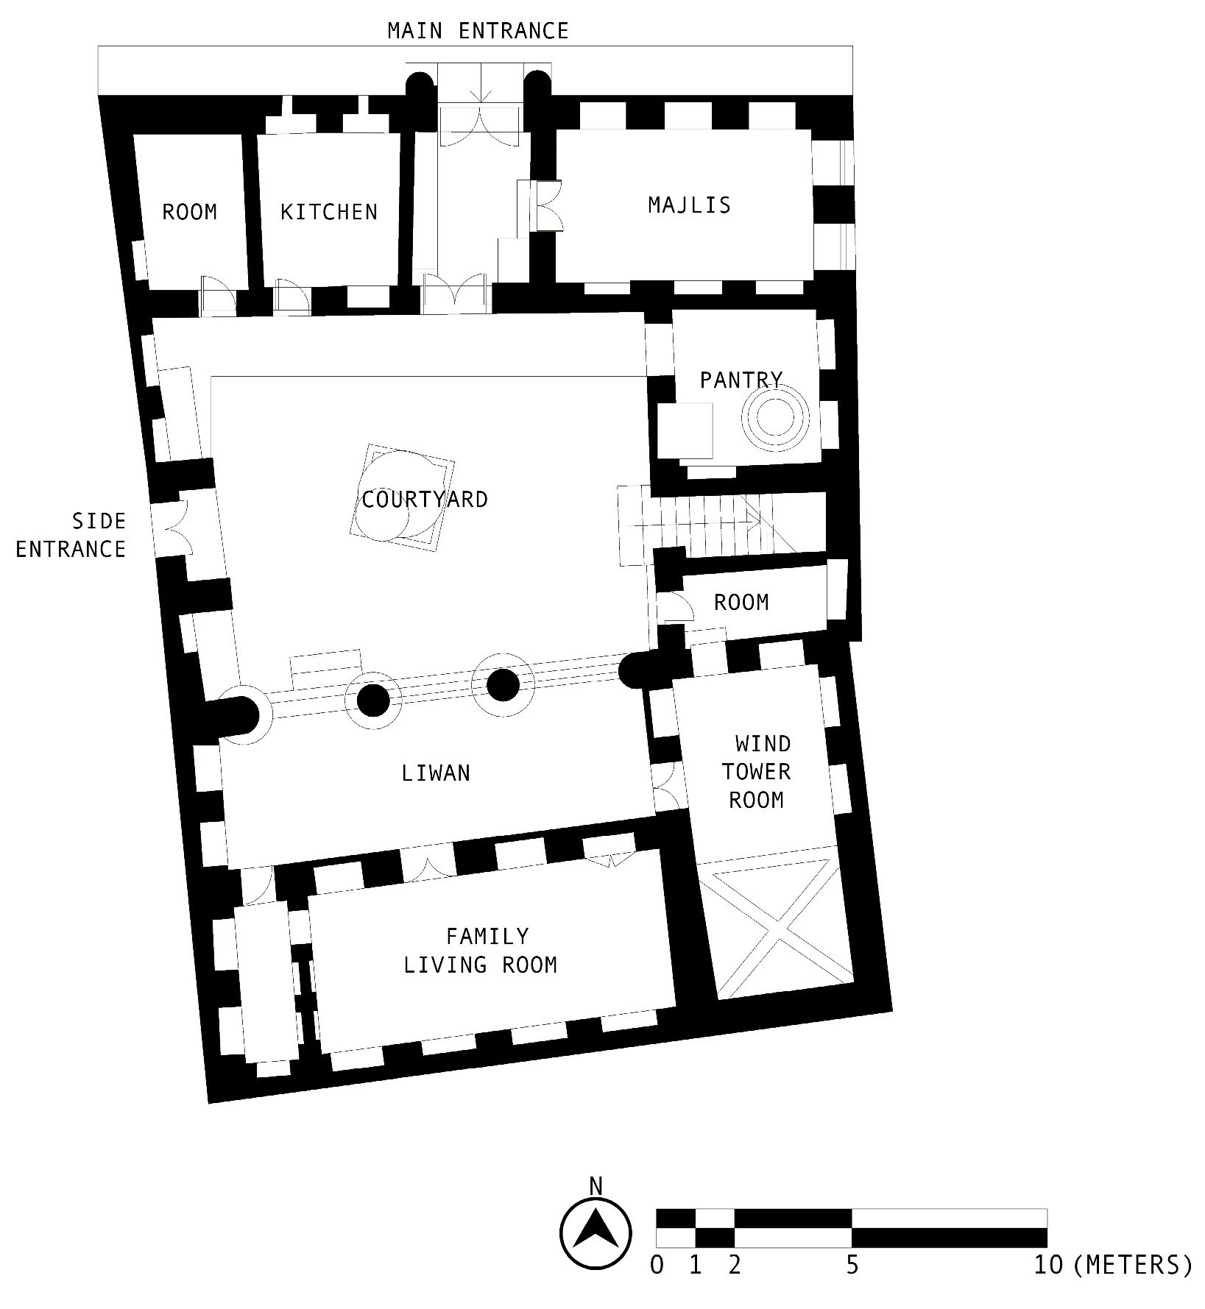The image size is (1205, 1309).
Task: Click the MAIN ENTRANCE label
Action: coord(478,31)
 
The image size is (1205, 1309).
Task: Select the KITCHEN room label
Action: coord(328,213)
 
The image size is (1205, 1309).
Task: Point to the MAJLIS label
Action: coord(689,205)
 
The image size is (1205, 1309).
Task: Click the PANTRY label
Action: coord(741,380)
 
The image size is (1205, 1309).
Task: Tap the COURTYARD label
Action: coord(425,500)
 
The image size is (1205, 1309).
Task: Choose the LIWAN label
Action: coord(436,773)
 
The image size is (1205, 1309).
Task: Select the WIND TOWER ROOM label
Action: coord(757,772)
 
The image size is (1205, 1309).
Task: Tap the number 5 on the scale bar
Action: coord(852,1266)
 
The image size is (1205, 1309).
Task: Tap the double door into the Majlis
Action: coord(548,207)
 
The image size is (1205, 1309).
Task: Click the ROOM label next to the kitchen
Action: coord(189,213)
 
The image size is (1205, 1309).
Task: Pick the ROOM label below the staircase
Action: coord(741,603)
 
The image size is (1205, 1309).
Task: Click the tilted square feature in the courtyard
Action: coord(401,497)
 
